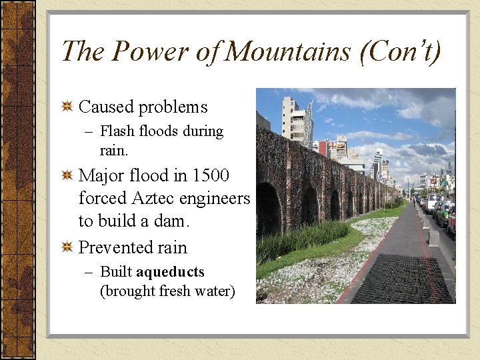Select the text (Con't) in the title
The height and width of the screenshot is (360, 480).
[x=400, y=51]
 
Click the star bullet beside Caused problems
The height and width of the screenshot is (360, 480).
[x=67, y=107]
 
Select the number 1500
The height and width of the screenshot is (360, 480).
[x=210, y=176]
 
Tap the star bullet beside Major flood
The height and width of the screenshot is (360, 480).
[x=67, y=176]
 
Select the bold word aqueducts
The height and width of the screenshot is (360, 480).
[x=170, y=272]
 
